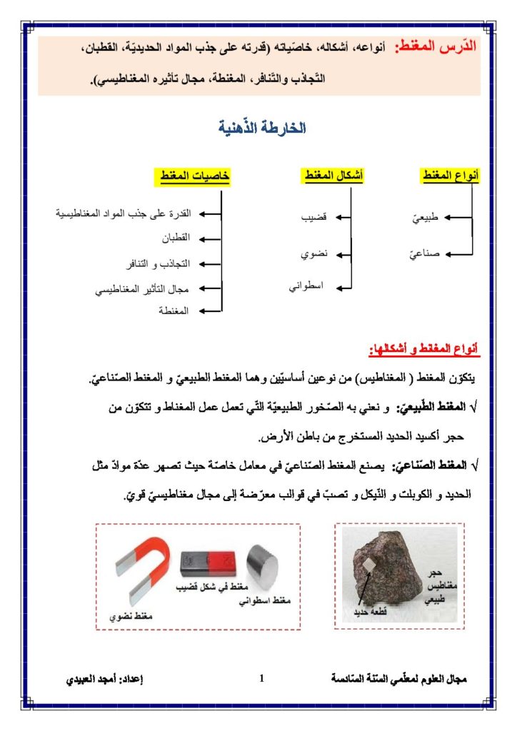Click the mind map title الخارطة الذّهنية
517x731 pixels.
[262, 128]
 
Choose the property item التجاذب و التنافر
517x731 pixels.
[161, 263]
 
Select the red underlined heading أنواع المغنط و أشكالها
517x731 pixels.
[425, 349]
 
